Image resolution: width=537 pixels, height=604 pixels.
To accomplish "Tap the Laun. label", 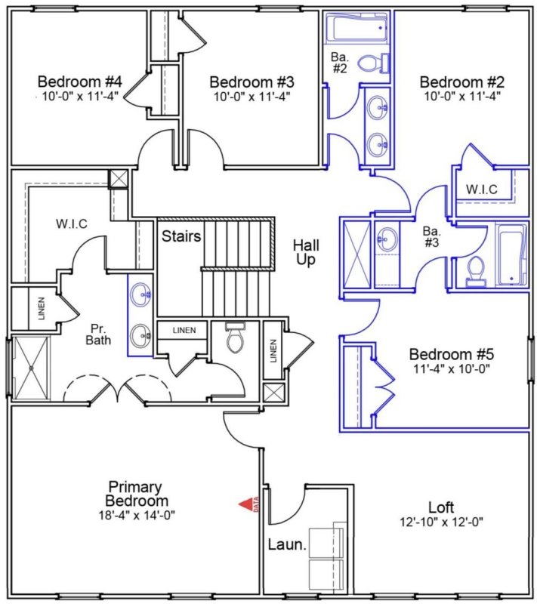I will click(x=288, y=544).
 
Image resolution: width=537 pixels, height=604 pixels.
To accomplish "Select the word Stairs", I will click(x=181, y=236).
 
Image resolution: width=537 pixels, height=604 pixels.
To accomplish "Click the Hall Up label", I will click(x=307, y=252).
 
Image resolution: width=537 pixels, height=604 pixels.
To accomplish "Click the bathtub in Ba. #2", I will click(x=357, y=30).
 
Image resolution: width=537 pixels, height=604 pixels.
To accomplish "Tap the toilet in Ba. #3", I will click(x=476, y=270).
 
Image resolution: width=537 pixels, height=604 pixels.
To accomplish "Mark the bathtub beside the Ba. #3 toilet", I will click(x=513, y=255).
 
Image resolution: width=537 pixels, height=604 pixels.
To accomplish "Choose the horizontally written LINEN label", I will click(x=184, y=331).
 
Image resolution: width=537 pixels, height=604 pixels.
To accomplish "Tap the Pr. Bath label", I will click(x=97, y=334).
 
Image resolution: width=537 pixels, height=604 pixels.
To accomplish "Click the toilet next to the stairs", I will click(x=236, y=340).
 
